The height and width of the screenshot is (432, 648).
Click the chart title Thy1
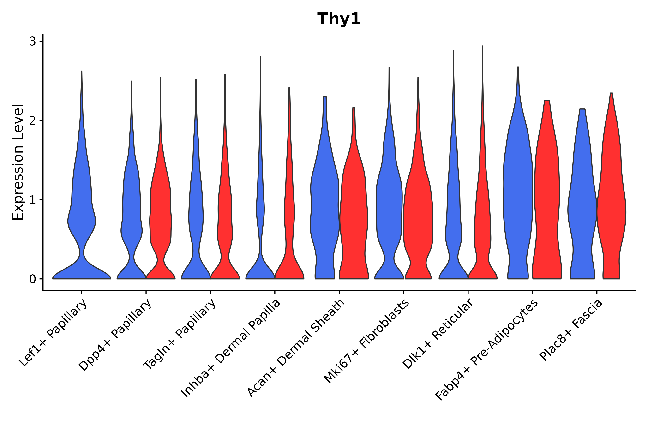339,19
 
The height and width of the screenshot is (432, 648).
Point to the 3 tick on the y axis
32,42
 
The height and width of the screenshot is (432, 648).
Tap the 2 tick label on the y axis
32,121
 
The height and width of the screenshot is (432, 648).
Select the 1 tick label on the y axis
32,200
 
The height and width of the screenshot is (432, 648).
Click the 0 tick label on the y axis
32,279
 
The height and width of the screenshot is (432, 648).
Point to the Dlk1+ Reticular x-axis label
438,334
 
